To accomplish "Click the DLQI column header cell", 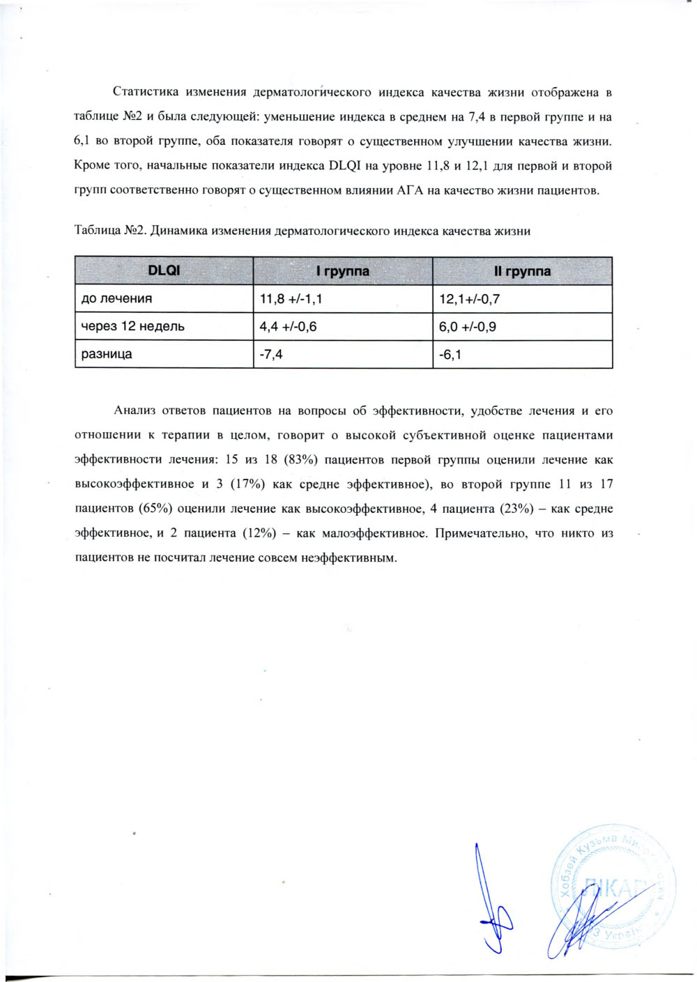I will click(164, 270).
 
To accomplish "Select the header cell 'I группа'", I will click(342, 270).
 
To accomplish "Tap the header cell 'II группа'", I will click(522, 270).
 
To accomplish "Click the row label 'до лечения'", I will click(116, 298).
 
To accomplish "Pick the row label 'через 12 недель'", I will click(132, 326).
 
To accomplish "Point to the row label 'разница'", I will click(107, 354).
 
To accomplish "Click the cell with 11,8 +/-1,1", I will click(291, 298).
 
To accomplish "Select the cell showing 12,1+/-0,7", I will click(469, 299).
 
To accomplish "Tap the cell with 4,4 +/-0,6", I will click(288, 326).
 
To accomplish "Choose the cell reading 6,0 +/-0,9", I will click(468, 326).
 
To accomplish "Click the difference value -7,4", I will click(271, 354).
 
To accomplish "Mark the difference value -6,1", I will click(450, 355).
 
